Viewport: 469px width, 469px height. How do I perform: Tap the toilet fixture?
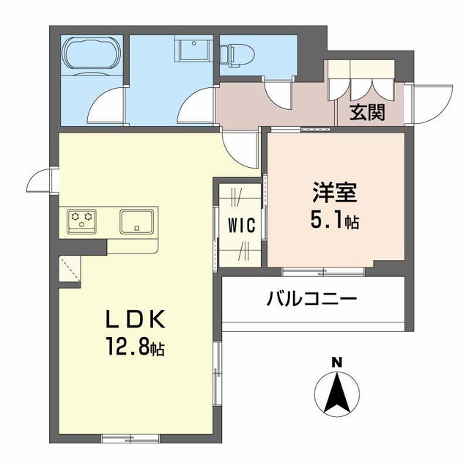tap(234, 53)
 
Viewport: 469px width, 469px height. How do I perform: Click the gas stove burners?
tap(82, 218)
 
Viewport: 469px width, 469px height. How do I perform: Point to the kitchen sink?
tap(136, 221)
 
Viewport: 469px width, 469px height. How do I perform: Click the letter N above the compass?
tap(336, 361)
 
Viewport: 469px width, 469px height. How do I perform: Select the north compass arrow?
tap(336, 392)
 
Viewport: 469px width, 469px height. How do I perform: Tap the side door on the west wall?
tap(42, 180)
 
